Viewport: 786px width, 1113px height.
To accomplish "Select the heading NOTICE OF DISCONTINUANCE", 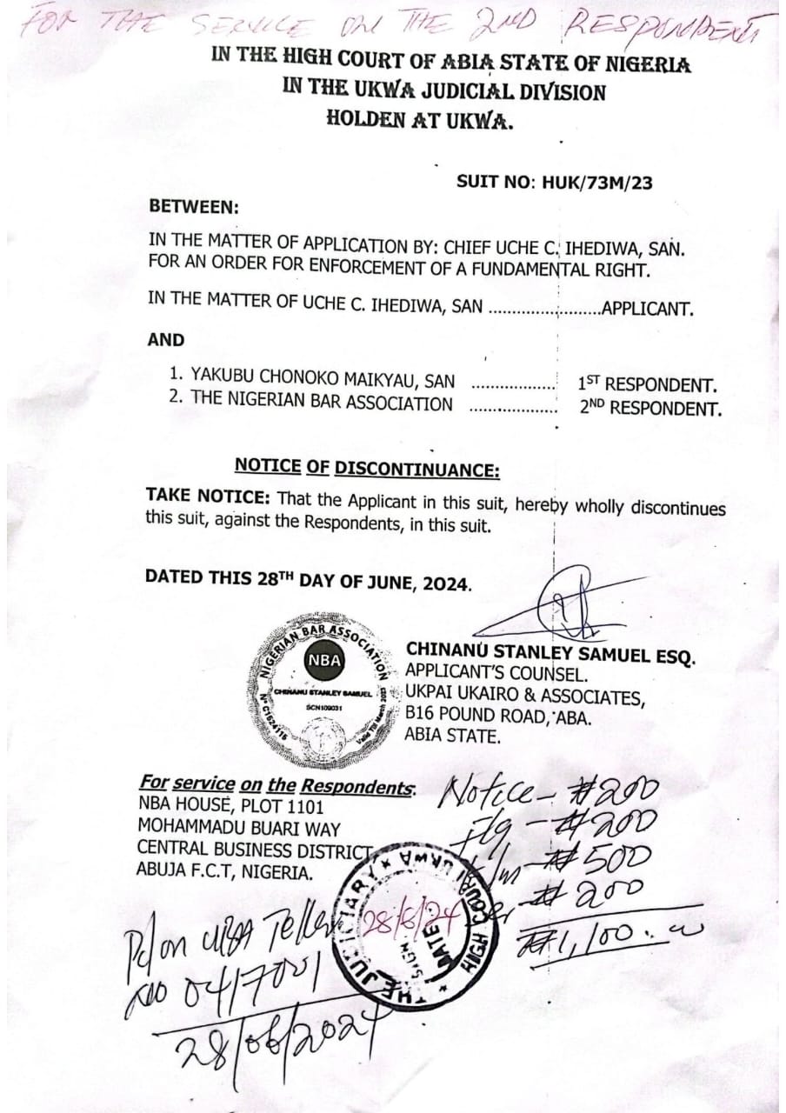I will tap(367, 468).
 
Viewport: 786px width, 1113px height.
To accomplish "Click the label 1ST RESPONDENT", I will tap(647, 384).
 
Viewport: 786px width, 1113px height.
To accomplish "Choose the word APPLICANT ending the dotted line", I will tap(648, 309).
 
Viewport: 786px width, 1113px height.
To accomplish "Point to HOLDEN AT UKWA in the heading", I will tap(420, 120).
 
